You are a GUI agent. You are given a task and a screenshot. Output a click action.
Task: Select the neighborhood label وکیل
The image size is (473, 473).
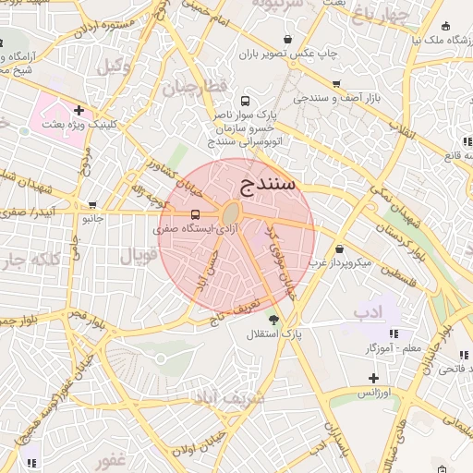(x=110, y=66)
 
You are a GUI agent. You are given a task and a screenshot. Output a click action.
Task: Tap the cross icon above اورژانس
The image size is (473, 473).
(x=373, y=378)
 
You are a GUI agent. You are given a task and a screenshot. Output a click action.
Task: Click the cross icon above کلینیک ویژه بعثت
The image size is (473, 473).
(x=79, y=110)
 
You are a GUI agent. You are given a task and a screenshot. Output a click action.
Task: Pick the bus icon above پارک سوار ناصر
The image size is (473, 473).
(x=245, y=100)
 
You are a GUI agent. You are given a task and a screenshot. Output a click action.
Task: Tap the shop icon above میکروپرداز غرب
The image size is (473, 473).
(x=340, y=249)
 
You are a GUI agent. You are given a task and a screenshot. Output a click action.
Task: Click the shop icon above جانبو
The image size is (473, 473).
(x=91, y=205)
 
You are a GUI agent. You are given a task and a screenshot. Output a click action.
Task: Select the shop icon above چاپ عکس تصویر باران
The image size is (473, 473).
(x=290, y=39)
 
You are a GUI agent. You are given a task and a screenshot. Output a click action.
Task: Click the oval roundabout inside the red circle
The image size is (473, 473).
(x=228, y=215)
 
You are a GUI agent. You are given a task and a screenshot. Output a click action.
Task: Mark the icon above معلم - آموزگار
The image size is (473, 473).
(x=394, y=333)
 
